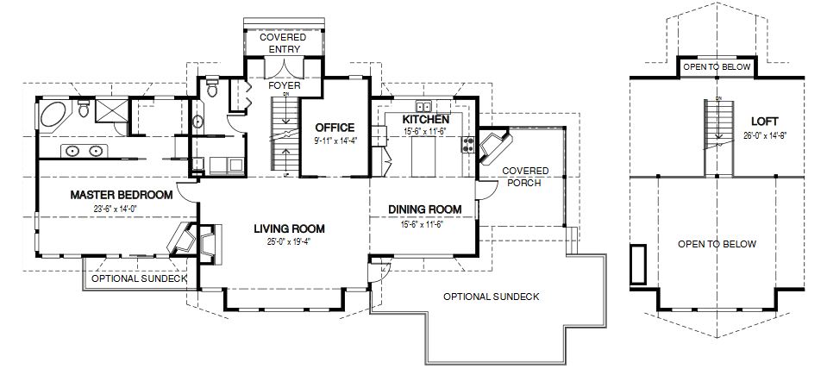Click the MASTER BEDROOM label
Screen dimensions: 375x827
point(122,195)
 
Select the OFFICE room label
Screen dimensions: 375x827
point(335,128)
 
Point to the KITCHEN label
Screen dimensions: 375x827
point(425,119)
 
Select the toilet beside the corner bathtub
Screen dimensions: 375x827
point(84,109)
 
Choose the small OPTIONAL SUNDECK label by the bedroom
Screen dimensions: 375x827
point(139,279)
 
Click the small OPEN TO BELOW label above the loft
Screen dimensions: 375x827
point(717,66)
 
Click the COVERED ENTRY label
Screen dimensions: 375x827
point(284,43)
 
